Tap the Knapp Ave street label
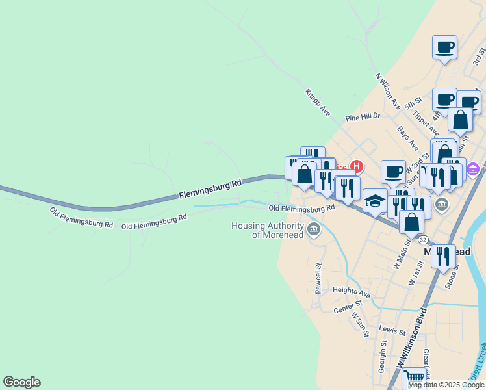318,102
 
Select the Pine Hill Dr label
363,117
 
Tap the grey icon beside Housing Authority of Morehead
314,229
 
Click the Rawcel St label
318,278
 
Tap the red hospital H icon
357,166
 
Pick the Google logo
21,382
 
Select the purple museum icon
472,169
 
